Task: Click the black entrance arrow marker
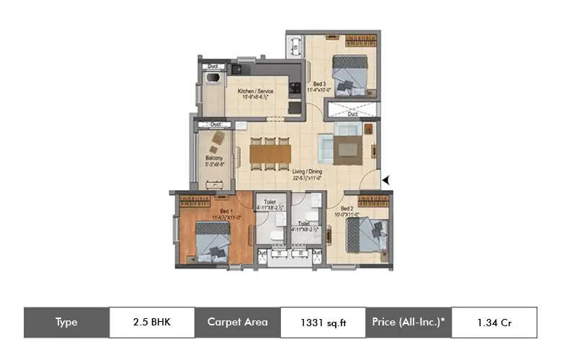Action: [387, 181]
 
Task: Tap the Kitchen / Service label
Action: [255, 91]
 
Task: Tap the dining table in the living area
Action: [269, 154]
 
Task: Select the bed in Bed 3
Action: [350, 73]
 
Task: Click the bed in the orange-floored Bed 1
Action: [213, 240]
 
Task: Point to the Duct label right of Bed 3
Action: [352, 113]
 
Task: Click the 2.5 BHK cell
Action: [152, 323]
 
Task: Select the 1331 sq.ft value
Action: [323, 323]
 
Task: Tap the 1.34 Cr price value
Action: [494, 323]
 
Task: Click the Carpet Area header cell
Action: [237, 323]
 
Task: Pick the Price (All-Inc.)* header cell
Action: [409, 323]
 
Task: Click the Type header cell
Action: [66, 323]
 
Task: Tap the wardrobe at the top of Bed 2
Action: [373, 202]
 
